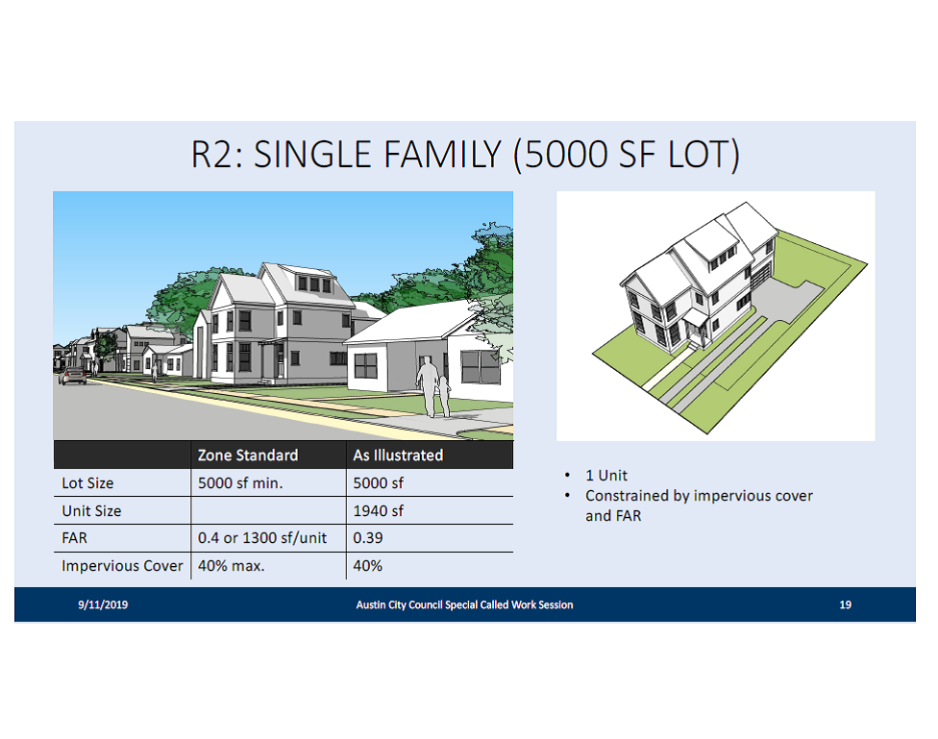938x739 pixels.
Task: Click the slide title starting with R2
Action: point(465,155)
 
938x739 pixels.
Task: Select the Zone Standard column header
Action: point(248,456)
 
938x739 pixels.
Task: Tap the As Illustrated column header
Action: point(398,456)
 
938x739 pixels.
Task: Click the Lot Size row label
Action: point(87,482)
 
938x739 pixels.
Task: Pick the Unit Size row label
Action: point(91,511)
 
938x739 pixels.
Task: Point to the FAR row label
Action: point(74,538)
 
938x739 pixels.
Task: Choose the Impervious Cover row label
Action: point(122,566)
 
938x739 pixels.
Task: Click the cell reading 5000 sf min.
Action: point(240,482)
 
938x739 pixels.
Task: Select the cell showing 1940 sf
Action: point(378,511)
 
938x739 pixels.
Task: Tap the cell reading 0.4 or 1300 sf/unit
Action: point(262,538)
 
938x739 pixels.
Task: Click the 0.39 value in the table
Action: point(368,538)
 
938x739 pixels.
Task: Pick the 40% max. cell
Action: point(231,566)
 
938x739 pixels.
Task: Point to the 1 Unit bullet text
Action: point(606,475)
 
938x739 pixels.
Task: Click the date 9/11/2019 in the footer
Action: point(103,604)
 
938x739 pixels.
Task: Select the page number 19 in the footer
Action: point(846,604)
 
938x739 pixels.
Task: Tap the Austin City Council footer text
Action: point(464,604)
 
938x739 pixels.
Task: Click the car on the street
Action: point(73,376)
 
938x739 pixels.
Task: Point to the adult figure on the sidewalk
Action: point(427,387)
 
